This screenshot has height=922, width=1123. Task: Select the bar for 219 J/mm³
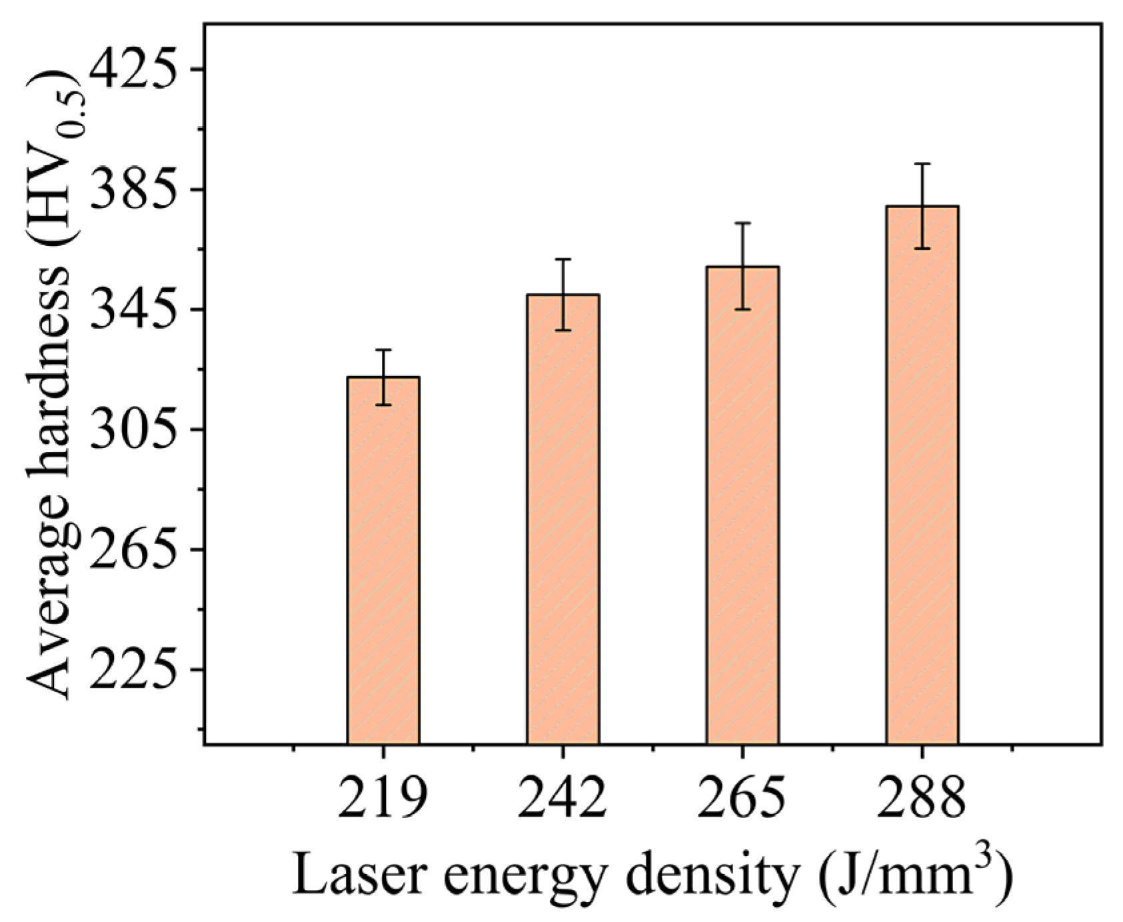[x=383, y=560]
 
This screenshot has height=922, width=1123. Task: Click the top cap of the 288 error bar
[x=922, y=164]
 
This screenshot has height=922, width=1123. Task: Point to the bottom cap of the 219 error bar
[x=383, y=405]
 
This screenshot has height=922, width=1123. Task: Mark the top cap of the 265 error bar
[x=742, y=223]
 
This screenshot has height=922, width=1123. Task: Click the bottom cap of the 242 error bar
[x=562, y=330]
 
